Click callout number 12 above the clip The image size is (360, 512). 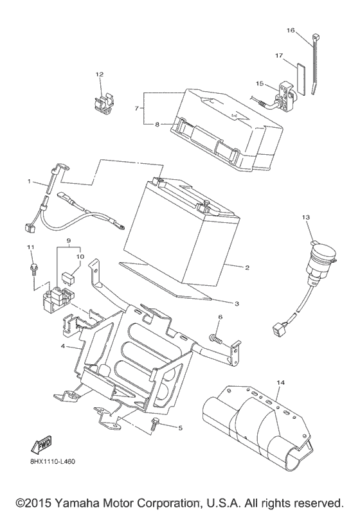click(x=99, y=75)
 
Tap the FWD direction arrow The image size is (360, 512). click(x=41, y=445)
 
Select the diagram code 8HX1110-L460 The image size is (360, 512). click(x=51, y=462)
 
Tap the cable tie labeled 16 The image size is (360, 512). click(x=314, y=64)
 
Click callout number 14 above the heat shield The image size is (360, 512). click(x=281, y=382)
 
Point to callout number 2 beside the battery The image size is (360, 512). click(x=248, y=268)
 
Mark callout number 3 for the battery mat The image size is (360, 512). click(x=237, y=304)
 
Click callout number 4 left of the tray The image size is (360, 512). click(x=64, y=346)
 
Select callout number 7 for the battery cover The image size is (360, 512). click(x=137, y=109)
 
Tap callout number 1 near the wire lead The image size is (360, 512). click(x=29, y=181)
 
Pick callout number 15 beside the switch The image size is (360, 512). click(x=259, y=84)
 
